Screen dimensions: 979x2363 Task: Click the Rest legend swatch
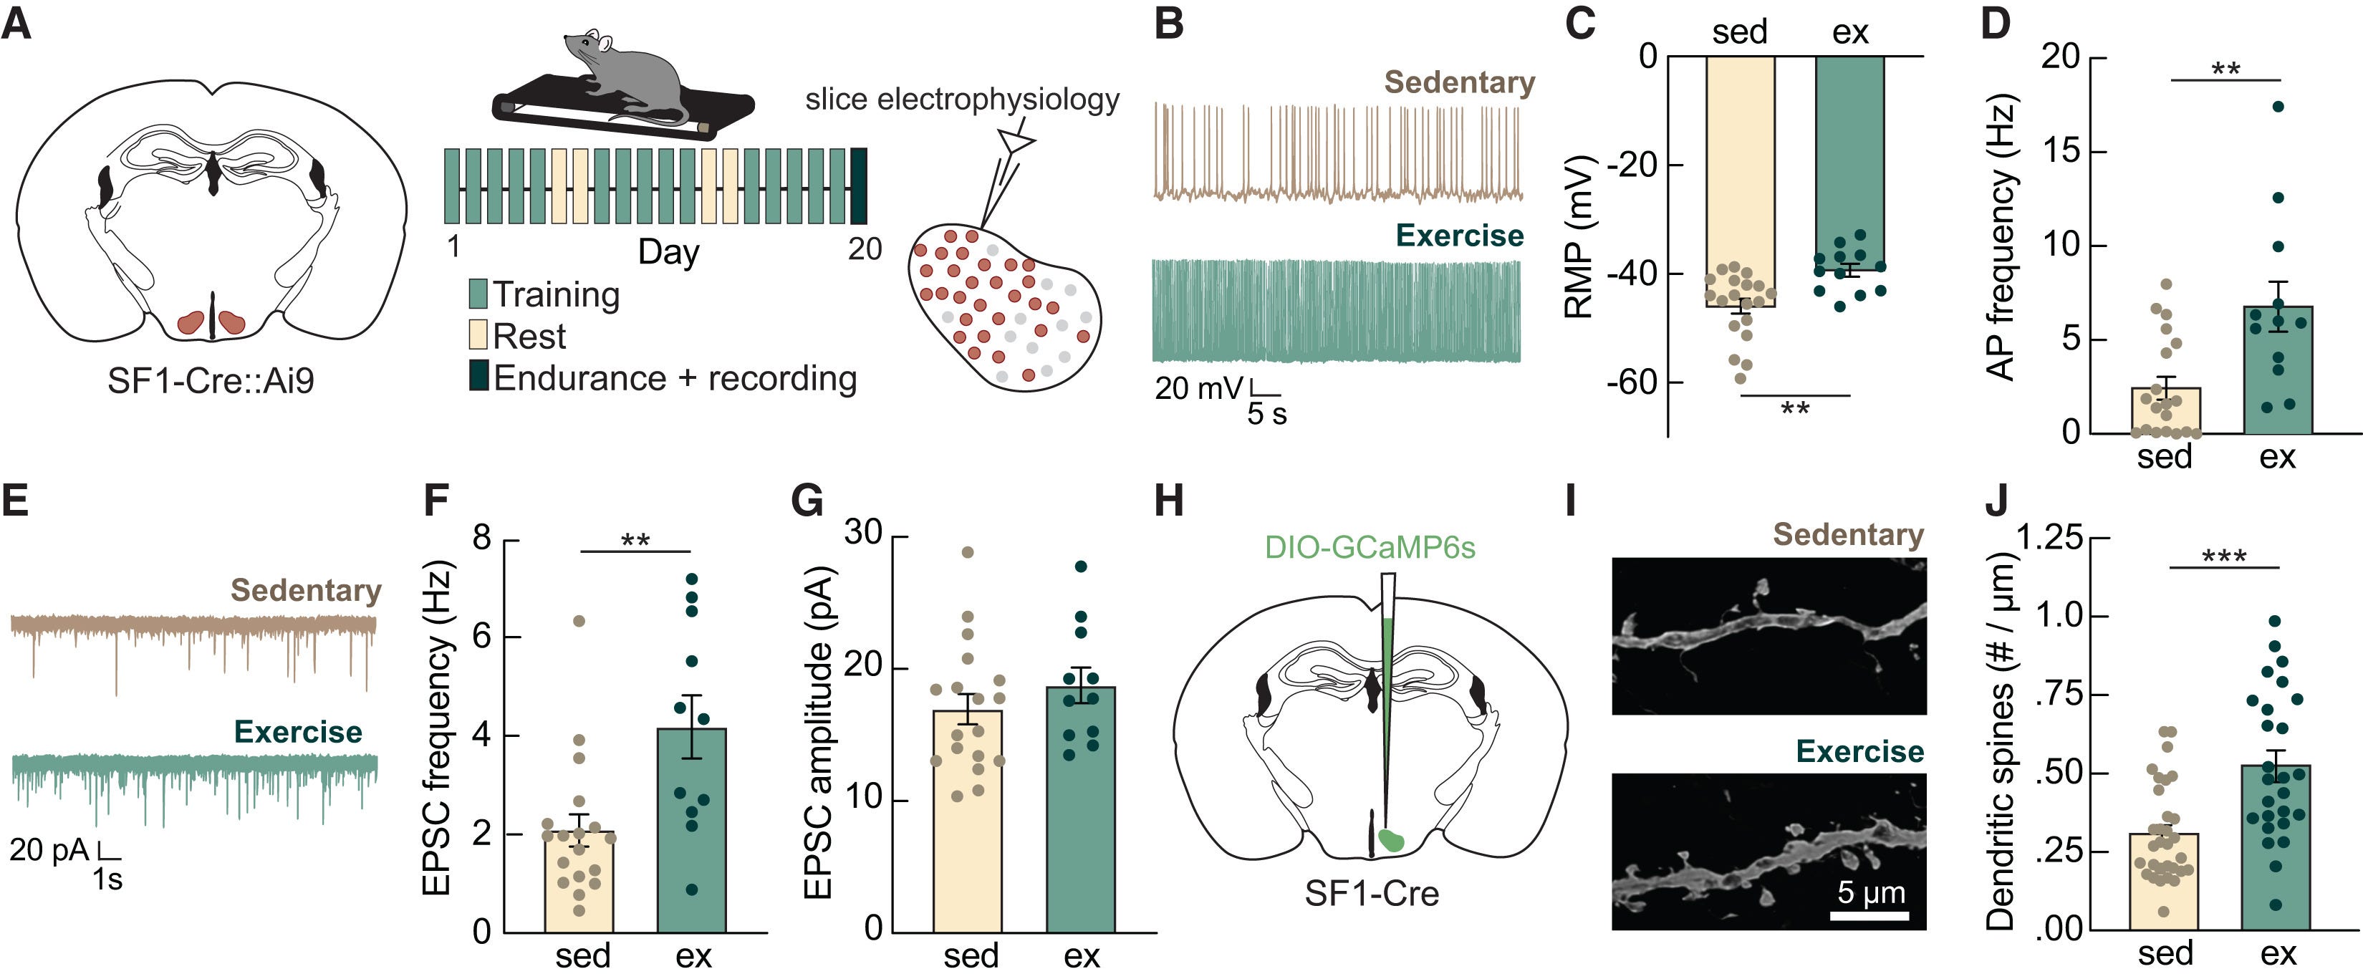pyautogui.click(x=478, y=335)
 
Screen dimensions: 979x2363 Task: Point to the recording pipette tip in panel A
pyautogui.click(x=983, y=225)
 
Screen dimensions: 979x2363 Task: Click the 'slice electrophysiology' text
pyautogui.click(x=961, y=99)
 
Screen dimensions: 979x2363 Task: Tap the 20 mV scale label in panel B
pyautogui.click(x=1198, y=388)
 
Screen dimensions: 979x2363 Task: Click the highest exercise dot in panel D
pyautogui.click(x=2277, y=107)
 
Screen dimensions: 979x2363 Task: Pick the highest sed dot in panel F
pyautogui.click(x=579, y=621)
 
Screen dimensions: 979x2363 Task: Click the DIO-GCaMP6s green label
pyautogui.click(x=1370, y=547)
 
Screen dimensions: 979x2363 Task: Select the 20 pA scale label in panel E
pyautogui.click(x=49, y=849)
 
